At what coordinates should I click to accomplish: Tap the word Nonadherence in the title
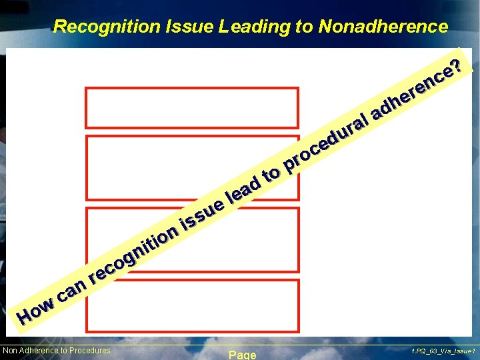383,27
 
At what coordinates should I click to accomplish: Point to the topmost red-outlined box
192,107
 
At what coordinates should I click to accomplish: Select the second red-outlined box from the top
192,168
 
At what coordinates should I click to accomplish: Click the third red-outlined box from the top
192,240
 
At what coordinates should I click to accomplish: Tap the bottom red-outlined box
192,305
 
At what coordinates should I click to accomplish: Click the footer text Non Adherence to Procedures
57,351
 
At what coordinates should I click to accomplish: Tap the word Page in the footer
242,355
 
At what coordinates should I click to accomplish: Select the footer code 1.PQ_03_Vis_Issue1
442,351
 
